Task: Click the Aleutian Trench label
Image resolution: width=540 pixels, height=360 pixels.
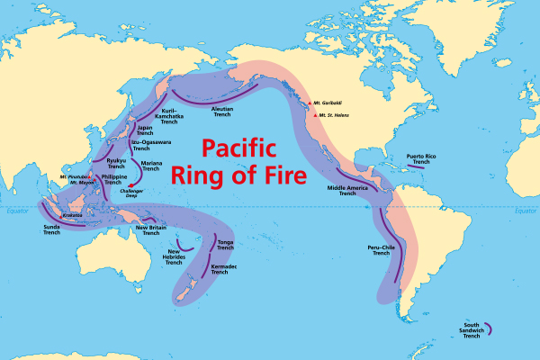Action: [222, 112]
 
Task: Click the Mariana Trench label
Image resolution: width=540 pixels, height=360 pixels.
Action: [152, 166]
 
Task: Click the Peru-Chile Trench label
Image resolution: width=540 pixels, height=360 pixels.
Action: [381, 253]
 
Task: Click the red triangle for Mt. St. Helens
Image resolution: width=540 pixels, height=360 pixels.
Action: [315, 115]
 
